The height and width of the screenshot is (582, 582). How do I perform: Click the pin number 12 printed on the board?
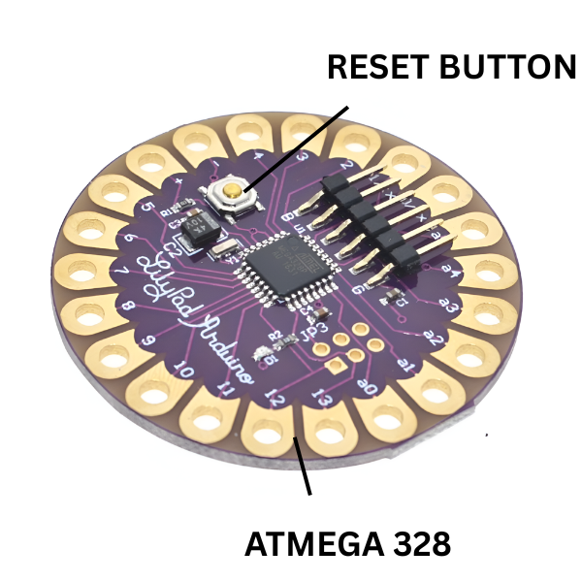tap(275, 399)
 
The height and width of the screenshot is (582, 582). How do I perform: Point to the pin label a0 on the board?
tap(368, 388)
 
